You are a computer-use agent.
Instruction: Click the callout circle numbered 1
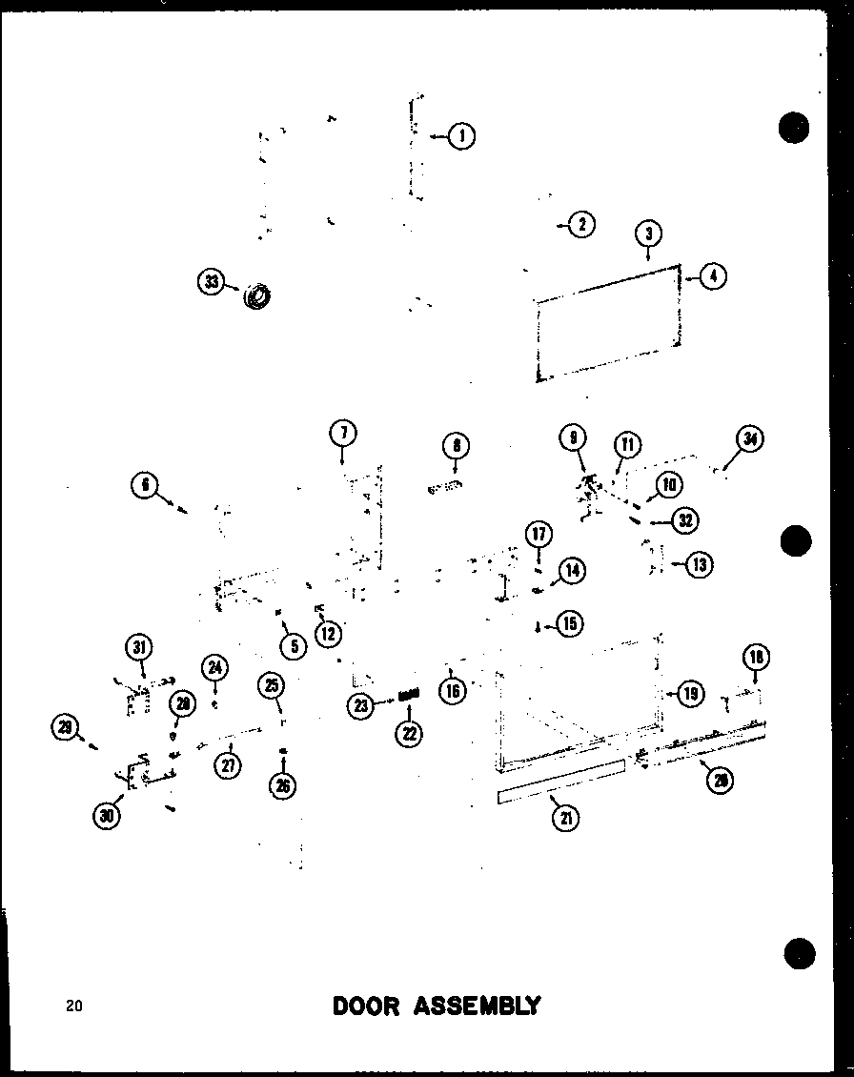(x=462, y=137)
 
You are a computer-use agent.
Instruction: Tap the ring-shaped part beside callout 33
(x=256, y=296)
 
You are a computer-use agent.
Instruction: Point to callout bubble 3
(x=648, y=234)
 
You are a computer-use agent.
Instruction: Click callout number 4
(x=713, y=276)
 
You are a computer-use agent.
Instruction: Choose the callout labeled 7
(x=342, y=434)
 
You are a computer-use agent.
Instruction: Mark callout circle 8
(x=456, y=445)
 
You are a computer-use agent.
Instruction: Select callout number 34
(x=751, y=440)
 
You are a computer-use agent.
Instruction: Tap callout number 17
(x=539, y=534)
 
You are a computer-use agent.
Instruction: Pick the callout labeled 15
(x=570, y=624)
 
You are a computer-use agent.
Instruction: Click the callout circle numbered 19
(x=690, y=694)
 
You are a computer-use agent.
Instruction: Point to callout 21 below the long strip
(x=565, y=818)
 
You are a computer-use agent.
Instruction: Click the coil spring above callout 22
(x=410, y=698)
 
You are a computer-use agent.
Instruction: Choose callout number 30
(x=109, y=816)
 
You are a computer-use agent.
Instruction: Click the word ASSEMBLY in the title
(x=478, y=1006)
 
